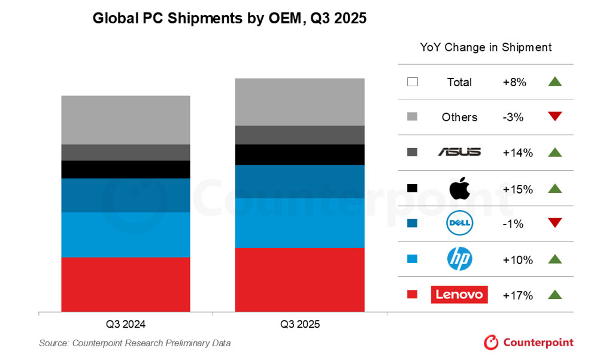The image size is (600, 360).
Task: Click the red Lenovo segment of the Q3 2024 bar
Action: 126,284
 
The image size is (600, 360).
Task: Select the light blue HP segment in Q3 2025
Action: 299,222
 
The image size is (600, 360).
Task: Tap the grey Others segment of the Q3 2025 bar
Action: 299,102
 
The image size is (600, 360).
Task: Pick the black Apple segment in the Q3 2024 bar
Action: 126,169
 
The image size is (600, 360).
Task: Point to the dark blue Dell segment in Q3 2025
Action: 299,181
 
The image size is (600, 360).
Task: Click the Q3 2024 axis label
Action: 126,325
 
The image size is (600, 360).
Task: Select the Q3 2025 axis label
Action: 300,325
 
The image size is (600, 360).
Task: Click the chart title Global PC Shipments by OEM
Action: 229,19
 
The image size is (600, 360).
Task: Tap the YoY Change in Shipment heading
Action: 486,47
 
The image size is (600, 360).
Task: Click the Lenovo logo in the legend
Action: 459,295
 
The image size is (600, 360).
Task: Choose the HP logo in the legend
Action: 460,259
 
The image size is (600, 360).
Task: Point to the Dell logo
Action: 460,224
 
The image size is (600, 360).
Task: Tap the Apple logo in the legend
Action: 459,188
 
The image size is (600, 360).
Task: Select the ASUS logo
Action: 459,152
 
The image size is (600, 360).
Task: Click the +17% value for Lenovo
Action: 518,295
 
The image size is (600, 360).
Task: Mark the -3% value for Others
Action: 513,117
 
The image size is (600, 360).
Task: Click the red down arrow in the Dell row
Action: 555,223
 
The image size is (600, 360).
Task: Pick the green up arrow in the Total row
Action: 555,82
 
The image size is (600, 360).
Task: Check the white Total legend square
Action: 412,82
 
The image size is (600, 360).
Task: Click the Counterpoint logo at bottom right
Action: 529,343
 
